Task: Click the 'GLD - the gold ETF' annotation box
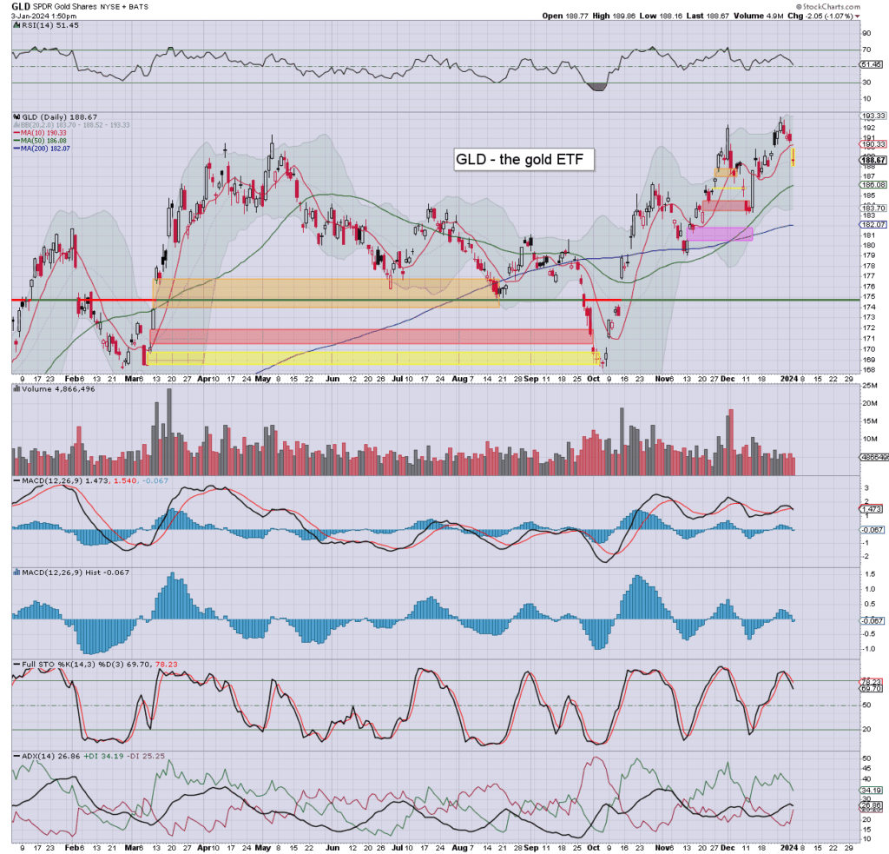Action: coord(524,160)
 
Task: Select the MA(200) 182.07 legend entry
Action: coord(46,149)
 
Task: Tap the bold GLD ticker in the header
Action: coord(21,6)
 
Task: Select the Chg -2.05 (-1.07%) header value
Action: coord(824,16)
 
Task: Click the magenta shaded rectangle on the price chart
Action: coord(720,234)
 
